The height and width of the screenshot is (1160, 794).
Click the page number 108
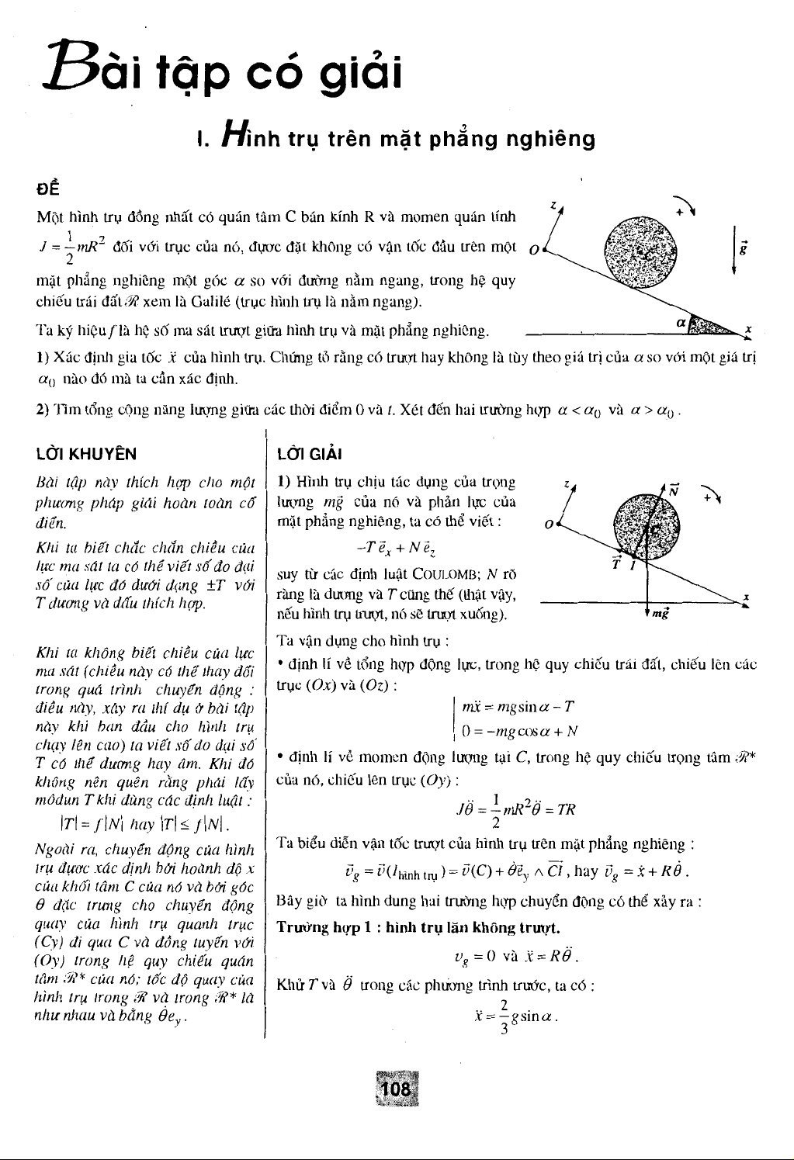click(396, 1089)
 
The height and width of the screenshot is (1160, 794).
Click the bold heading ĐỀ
click(47, 189)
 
